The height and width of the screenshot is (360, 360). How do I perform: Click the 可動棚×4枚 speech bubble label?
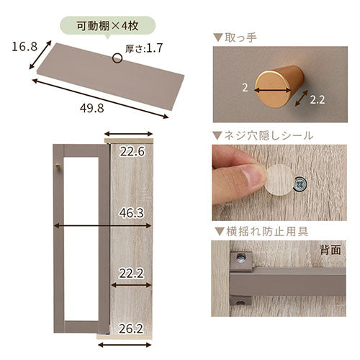(107, 26)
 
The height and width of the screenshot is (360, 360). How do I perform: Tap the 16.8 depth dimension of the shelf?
(24, 47)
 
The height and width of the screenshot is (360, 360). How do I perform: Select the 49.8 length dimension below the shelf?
(92, 108)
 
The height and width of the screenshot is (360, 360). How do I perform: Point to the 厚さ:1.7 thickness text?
(144, 48)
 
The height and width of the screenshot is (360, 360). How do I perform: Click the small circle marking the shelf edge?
(117, 58)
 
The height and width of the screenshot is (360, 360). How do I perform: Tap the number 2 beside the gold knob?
(245, 88)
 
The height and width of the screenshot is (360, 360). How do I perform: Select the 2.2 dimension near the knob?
(317, 100)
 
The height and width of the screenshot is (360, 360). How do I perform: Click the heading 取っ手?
(240, 37)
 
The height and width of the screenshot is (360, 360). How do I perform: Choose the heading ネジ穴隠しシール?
(269, 136)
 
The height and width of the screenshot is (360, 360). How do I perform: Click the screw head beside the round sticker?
(301, 184)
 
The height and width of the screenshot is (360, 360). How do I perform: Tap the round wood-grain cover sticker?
(280, 179)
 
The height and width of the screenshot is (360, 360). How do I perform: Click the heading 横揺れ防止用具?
(267, 232)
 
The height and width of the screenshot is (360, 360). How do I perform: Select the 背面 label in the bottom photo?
(330, 250)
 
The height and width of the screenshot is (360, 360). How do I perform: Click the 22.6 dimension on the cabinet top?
(132, 151)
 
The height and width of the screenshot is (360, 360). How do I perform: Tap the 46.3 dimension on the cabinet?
(131, 213)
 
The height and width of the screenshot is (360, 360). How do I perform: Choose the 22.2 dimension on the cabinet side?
(131, 274)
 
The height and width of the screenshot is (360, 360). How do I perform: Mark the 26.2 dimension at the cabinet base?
(131, 328)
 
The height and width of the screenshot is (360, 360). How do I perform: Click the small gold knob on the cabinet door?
(58, 166)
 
